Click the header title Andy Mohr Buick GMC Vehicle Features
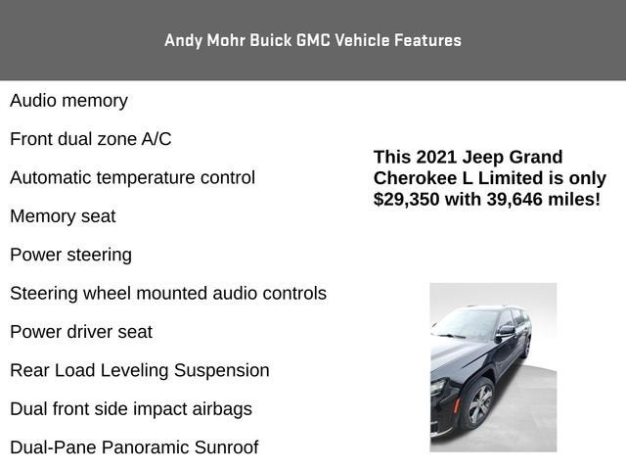coord(313,40)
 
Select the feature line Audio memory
coord(68,101)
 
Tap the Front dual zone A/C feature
coord(91,139)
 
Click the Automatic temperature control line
coord(132,178)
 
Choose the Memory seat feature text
coord(63,216)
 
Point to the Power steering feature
coord(70,255)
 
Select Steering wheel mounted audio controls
coord(168,294)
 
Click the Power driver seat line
coord(81,332)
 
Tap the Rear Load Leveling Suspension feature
coord(140,370)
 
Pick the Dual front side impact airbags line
coord(131,409)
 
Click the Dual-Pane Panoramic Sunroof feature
coord(134,447)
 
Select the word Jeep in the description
coord(484,157)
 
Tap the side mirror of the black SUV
coord(505,332)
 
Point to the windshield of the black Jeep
coord(468,323)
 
